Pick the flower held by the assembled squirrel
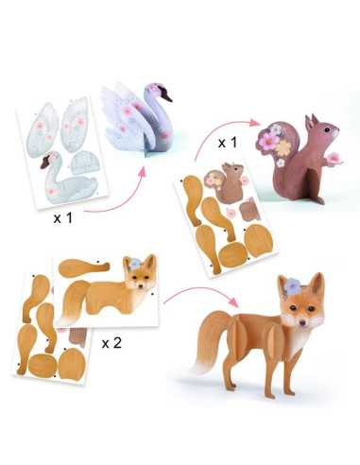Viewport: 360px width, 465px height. [x=333, y=157]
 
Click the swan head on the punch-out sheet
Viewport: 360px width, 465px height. [x=47, y=164]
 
